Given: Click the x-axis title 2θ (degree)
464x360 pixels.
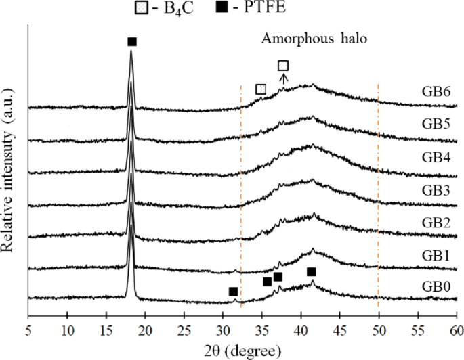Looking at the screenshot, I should (x=242, y=350).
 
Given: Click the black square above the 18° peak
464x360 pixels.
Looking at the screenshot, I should (x=132, y=42).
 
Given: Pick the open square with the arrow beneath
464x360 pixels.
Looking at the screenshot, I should (x=283, y=66).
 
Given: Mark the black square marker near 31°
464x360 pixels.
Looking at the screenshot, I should (x=233, y=292).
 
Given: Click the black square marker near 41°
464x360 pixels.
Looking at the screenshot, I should (x=311, y=272).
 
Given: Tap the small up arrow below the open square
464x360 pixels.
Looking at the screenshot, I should (x=283, y=78).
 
